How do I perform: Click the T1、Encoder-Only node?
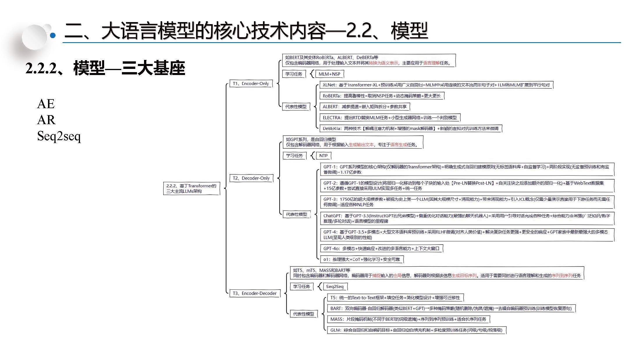click(251, 84)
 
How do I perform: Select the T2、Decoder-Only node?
click(251, 178)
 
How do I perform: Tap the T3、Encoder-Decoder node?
click(255, 293)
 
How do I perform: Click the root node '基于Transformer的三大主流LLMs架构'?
click(191, 188)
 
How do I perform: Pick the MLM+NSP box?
click(329, 74)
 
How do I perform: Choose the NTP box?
click(323, 156)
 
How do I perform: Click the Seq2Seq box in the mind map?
click(335, 287)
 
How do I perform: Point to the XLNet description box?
click(436, 85)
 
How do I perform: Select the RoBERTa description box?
click(382, 96)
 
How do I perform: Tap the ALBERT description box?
click(365, 107)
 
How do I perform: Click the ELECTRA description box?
click(390, 118)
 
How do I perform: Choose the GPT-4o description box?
click(381, 249)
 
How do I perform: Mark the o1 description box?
click(362, 259)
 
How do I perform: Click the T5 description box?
click(395, 298)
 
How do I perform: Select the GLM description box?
click(416, 330)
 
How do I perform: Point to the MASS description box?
click(408, 319)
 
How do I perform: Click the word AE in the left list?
click(46, 104)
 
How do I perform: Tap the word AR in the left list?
click(46, 120)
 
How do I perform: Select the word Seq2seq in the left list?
click(59, 136)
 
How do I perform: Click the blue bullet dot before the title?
click(53, 36)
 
